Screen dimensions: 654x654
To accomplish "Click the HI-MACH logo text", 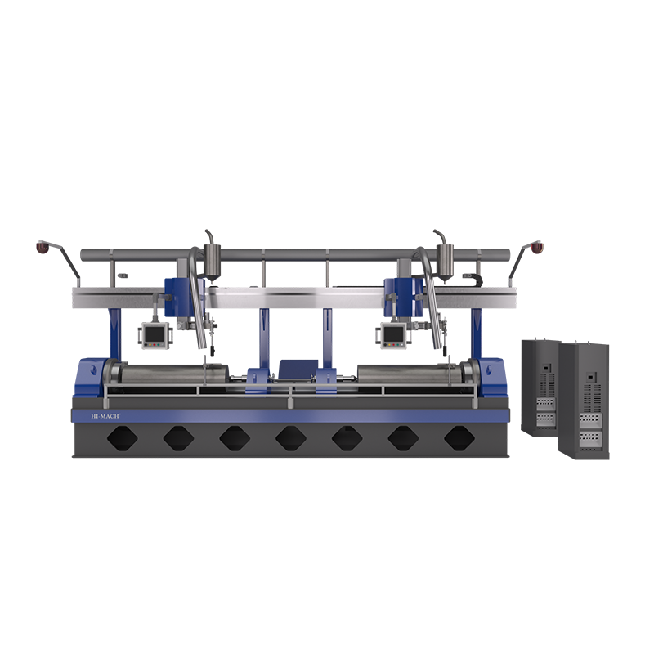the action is (105, 416).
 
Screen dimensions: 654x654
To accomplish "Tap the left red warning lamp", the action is (43, 247).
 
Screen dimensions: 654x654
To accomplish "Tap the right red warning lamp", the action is (537, 247).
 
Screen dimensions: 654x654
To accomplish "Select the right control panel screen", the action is (394, 334).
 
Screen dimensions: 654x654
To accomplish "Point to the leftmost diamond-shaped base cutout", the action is (122, 438).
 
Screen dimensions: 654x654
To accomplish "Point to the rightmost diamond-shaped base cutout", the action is (459, 438).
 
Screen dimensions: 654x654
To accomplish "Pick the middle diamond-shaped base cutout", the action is (291, 438).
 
